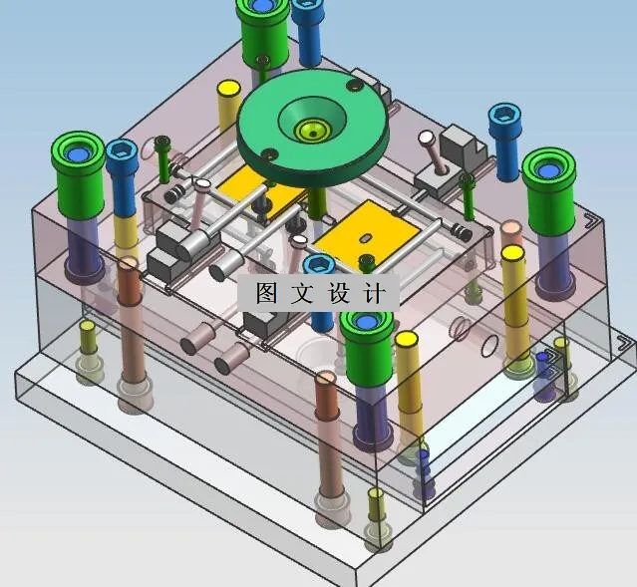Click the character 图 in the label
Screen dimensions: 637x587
[x=266, y=293]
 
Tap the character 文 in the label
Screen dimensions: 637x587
[x=302, y=293]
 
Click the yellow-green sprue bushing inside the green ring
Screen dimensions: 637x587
[x=312, y=132]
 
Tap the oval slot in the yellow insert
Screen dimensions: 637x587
[x=365, y=237]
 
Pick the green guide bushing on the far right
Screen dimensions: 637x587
[x=549, y=191]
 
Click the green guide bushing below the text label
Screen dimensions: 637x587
[x=367, y=346]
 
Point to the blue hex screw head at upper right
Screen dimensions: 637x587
[x=504, y=117]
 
